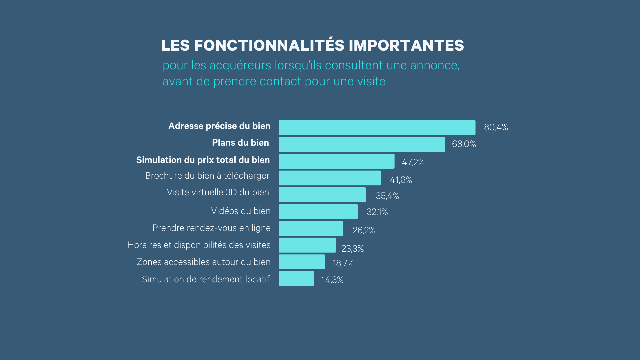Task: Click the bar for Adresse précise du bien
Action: coord(377,128)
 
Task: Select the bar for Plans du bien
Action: coord(362,144)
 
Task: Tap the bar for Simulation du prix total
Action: coord(337,161)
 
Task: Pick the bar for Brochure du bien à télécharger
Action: coord(330,178)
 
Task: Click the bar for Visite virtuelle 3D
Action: coord(322,195)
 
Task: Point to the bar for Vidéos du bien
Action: coord(318,211)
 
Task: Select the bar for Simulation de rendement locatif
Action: coord(297,279)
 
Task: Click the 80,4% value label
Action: coord(496,127)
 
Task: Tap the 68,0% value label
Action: coord(464,144)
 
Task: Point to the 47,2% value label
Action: coord(413,162)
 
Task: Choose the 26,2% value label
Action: coord(364,230)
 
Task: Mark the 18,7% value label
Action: coord(343,263)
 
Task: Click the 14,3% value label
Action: coord(332,280)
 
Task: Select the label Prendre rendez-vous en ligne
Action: coord(211,228)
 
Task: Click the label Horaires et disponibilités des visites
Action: coord(199,245)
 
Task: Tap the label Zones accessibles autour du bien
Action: coord(204,262)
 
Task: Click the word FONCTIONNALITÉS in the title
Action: coord(269,46)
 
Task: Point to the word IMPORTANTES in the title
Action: coord(406,46)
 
